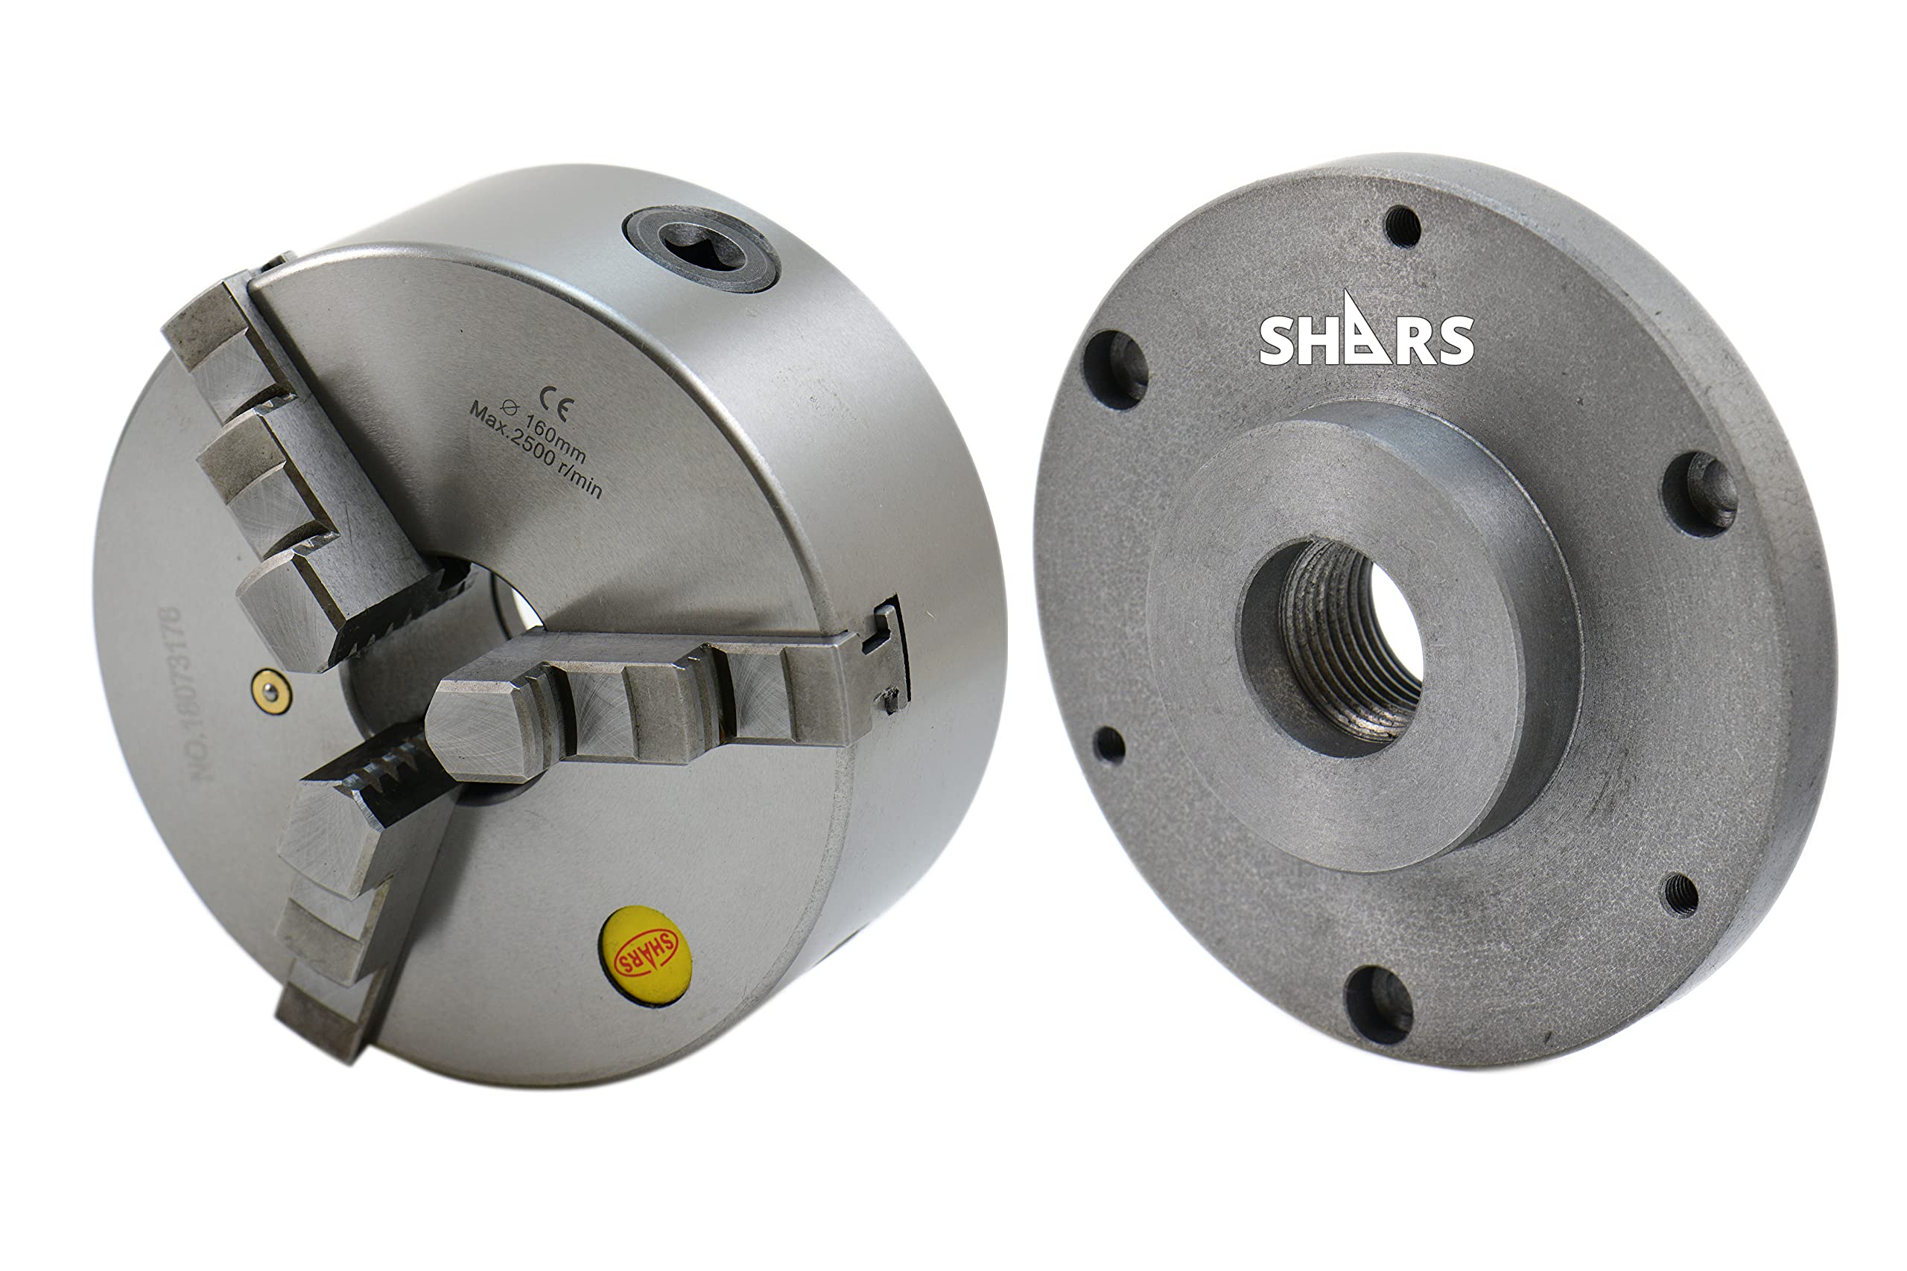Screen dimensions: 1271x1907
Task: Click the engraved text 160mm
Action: (548, 439)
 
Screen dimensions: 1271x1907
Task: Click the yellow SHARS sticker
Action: (644, 957)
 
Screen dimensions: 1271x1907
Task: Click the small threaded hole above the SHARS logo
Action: (1402, 226)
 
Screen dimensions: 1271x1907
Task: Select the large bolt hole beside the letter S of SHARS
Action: (1116, 369)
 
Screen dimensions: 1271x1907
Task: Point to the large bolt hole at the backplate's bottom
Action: (1378, 1003)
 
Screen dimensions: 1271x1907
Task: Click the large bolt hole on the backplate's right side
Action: (1699, 494)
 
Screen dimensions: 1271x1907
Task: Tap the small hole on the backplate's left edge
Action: (1108, 744)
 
